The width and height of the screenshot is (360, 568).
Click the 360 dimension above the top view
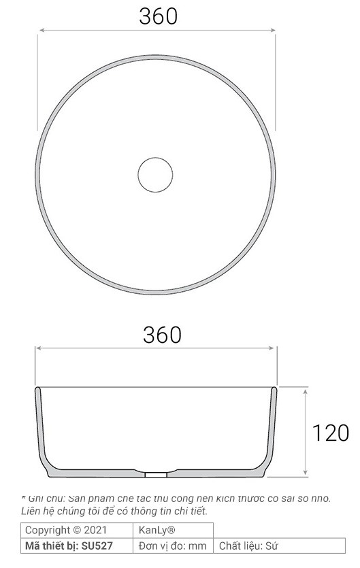tap(158, 16)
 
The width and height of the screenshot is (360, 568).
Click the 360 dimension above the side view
tap(162, 334)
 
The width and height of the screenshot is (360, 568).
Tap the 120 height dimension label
tap(330, 433)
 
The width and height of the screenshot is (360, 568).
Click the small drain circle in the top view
tap(156, 175)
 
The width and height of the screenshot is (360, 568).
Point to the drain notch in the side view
tap(157, 471)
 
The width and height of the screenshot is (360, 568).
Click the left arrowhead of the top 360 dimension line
tap(42, 30)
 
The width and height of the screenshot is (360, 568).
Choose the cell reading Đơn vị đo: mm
tap(172, 546)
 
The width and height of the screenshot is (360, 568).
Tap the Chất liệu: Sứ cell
tap(249, 546)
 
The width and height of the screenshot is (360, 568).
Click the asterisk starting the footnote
tap(24, 497)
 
